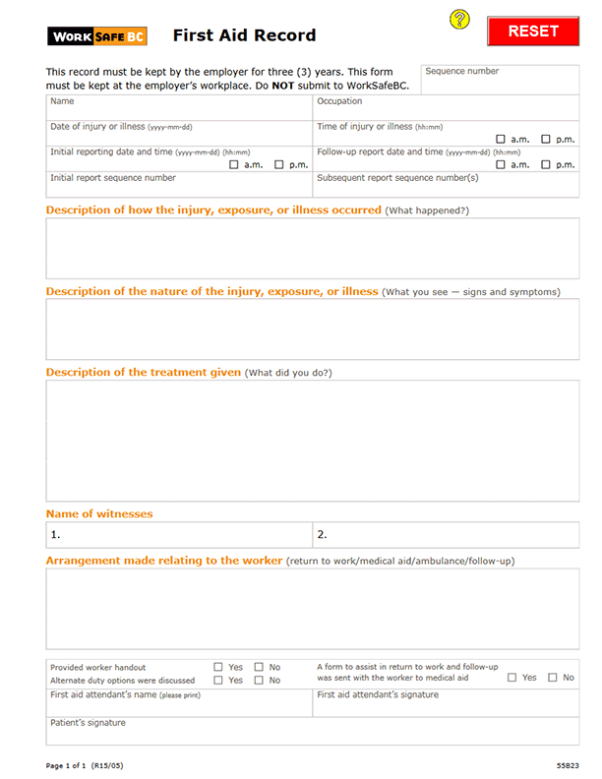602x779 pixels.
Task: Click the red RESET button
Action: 533,31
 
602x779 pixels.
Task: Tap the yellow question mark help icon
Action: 459,20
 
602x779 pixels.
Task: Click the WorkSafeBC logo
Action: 98,37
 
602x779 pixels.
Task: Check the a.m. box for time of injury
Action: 502,140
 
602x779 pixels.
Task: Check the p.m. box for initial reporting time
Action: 279,165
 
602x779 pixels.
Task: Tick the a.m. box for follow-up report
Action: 502,165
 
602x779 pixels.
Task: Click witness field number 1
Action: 180,535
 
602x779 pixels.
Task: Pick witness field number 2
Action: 446,535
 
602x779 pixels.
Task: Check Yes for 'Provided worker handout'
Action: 218,668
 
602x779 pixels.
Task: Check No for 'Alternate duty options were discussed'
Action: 260,681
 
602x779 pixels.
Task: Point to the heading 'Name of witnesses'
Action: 99,514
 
